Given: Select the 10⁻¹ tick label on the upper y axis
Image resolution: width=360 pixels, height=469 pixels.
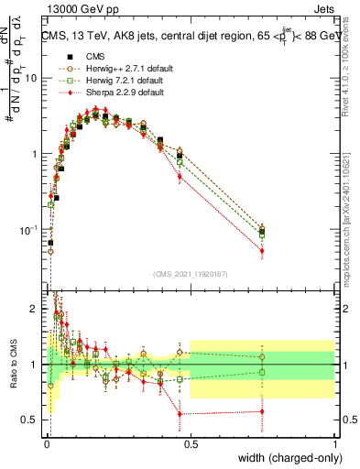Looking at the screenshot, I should pos(29,229).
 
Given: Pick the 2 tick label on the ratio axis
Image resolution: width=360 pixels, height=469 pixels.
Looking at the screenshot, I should pos(36,310).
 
